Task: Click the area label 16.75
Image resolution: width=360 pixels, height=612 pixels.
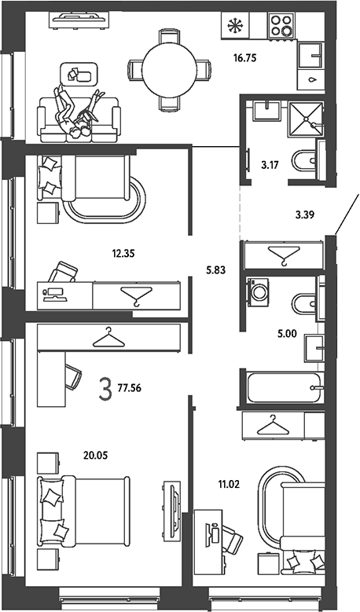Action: [244, 59]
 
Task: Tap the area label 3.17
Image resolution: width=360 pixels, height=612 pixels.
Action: [270, 165]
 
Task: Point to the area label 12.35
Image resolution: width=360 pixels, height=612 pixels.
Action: [123, 254]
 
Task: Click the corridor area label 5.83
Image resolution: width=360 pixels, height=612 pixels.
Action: [215, 269]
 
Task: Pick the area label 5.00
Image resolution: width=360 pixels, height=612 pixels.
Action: [288, 334]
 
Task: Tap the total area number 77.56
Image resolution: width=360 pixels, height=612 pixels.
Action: [129, 388]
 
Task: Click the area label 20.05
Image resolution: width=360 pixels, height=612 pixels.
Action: [95, 455]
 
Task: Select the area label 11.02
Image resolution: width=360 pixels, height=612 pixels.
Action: [229, 486]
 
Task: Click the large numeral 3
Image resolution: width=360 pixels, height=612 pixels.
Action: [105, 389]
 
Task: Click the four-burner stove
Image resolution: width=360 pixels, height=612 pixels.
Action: [281, 25]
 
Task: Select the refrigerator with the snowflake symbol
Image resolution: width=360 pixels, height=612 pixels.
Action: [235, 25]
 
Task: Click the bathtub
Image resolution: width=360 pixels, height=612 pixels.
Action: [284, 387]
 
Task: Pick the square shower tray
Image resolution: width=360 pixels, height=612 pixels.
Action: [306, 119]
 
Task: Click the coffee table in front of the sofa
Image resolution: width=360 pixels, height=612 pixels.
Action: [79, 74]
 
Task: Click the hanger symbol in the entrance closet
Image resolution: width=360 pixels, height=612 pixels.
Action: [285, 255]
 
